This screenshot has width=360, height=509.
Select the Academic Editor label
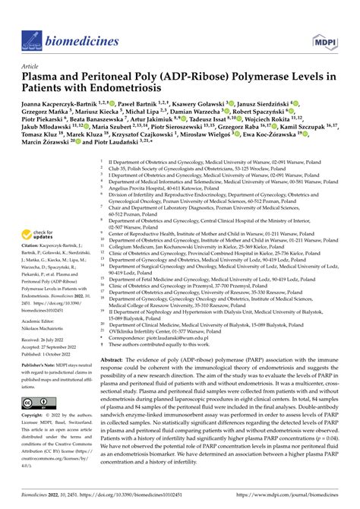coord(45,300)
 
